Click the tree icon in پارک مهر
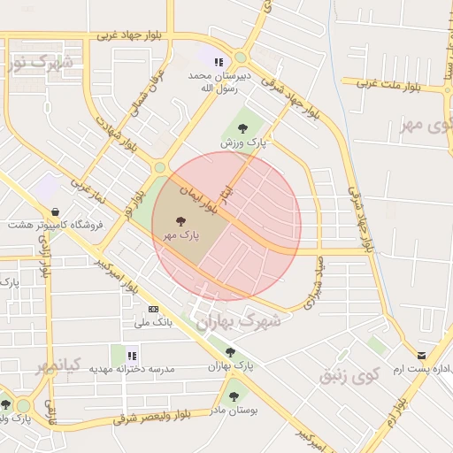(180, 222)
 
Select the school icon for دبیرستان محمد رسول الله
(216, 61)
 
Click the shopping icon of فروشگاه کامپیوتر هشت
(57, 212)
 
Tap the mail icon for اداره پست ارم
(421, 355)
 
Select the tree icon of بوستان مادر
(234, 396)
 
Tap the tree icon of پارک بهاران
(230, 352)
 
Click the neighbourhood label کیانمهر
(60, 365)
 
